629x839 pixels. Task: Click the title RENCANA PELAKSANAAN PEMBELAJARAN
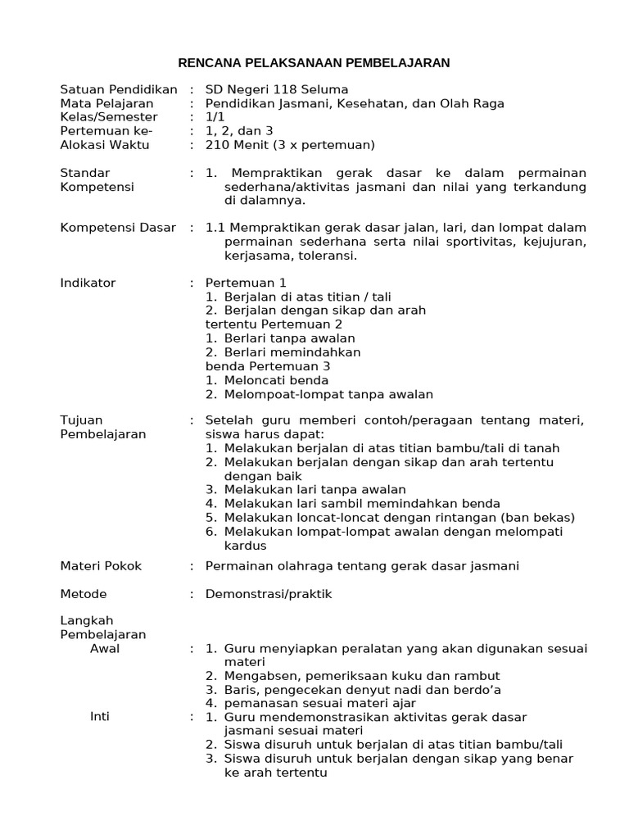pyautogui.click(x=314, y=62)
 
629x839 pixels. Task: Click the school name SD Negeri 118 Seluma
pyautogui.click(x=277, y=89)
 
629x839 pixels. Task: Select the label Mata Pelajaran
pyautogui.click(x=106, y=103)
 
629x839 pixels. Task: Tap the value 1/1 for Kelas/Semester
pyautogui.click(x=215, y=117)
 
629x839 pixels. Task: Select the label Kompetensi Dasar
pyautogui.click(x=118, y=228)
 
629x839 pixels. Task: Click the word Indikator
pyautogui.click(x=88, y=283)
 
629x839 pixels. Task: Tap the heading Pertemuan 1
pyautogui.click(x=246, y=283)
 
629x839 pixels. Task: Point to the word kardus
pyautogui.click(x=246, y=546)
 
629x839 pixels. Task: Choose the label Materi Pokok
pyautogui.click(x=101, y=566)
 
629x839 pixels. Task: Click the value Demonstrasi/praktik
pyautogui.click(x=269, y=594)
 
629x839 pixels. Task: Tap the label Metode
pyautogui.click(x=84, y=594)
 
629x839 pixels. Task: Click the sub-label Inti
pyautogui.click(x=100, y=717)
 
